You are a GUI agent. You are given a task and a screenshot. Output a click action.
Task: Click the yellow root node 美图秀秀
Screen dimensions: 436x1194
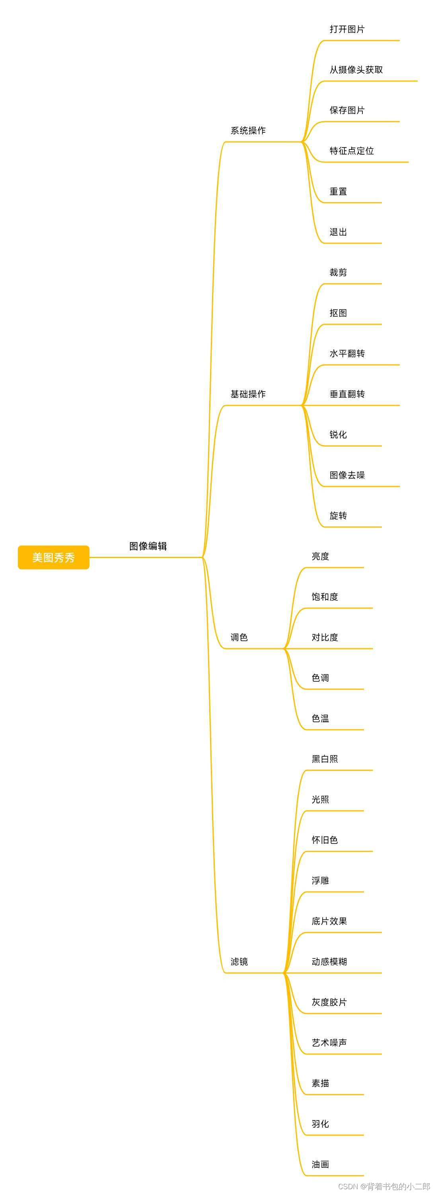tap(53, 557)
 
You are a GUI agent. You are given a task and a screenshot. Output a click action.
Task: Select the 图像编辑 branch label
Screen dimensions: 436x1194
tap(148, 546)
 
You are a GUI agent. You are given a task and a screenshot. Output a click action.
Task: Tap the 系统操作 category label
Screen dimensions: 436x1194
tap(248, 131)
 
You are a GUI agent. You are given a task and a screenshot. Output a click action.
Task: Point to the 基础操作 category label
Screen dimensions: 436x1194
tap(248, 394)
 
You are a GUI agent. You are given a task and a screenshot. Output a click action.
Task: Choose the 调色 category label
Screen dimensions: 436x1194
tap(239, 637)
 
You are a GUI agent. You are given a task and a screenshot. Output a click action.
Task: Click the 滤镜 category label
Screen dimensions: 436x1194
tap(239, 962)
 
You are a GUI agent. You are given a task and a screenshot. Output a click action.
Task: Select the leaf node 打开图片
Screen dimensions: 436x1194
tap(347, 29)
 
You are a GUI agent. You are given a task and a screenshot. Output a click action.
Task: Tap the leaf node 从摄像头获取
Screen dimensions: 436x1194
tap(356, 70)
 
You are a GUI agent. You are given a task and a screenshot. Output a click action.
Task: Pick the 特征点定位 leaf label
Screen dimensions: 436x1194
tap(352, 151)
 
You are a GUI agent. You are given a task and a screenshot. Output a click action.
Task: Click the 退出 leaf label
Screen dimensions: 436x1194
tap(338, 232)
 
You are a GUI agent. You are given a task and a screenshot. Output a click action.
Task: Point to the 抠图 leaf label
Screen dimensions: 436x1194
tap(338, 313)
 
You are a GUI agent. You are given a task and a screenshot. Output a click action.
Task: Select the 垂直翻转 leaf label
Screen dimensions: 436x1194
tap(347, 394)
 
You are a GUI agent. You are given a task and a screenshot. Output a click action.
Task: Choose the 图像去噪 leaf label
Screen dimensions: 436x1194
tap(347, 475)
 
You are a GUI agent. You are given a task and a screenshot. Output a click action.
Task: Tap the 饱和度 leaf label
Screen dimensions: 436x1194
tap(325, 597)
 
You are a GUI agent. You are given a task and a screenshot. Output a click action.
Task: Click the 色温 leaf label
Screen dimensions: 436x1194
tap(320, 719)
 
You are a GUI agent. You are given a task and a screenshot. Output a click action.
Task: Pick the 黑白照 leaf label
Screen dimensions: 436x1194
tap(325, 759)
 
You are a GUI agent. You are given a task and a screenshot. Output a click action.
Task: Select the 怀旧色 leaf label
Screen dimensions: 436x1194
tap(325, 840)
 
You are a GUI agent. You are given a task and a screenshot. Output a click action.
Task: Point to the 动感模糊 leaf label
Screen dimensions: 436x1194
tap(329, 962)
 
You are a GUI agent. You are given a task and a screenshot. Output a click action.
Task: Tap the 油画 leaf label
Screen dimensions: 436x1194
tap(320, 1164)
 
